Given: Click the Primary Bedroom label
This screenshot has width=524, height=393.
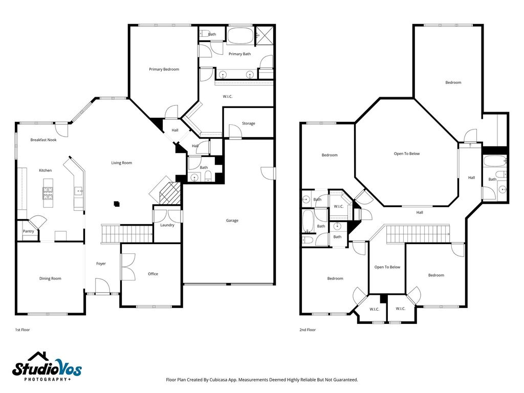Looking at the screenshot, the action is click(x=164, y=69).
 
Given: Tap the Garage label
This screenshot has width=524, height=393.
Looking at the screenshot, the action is click(x=232, y=221).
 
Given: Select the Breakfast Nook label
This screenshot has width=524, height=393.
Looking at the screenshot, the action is click(x=43, y=140).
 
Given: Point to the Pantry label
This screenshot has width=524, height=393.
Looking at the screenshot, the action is click(x=29, y=231).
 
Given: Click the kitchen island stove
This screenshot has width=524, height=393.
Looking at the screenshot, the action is click(x=48, y=193).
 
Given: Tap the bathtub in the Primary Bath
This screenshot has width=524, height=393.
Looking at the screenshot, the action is click(x=240, y=36).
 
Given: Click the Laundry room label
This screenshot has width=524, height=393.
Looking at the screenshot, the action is click(x=167, y=225).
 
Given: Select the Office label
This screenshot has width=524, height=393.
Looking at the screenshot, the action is click(x=153, y=274).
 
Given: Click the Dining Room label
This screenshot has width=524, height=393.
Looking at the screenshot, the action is click(x=50, y=279).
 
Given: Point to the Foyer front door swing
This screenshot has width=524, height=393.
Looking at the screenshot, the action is click(x=102, y=286).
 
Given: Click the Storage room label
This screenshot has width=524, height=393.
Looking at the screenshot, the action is click(x=248, y=124).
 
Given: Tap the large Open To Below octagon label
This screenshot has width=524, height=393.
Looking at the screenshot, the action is click(x=407, y=154).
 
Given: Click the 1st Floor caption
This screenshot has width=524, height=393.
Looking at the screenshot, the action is click(x=23, y=330).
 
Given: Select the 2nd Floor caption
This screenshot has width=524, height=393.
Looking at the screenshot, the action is click(x=308, y=330).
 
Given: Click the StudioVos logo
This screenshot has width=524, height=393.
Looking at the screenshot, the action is click(x=47, y=366).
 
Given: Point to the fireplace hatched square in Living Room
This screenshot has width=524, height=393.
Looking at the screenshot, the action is click(x=170, y=193).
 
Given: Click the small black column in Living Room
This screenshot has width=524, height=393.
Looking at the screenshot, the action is click(x=117, y=204).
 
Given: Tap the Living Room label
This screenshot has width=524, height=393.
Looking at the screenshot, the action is click(x=122, y=163).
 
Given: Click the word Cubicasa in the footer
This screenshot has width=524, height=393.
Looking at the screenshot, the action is click(x=219, y=380).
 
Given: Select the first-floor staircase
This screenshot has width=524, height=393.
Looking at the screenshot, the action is click(x=127, y=234).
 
